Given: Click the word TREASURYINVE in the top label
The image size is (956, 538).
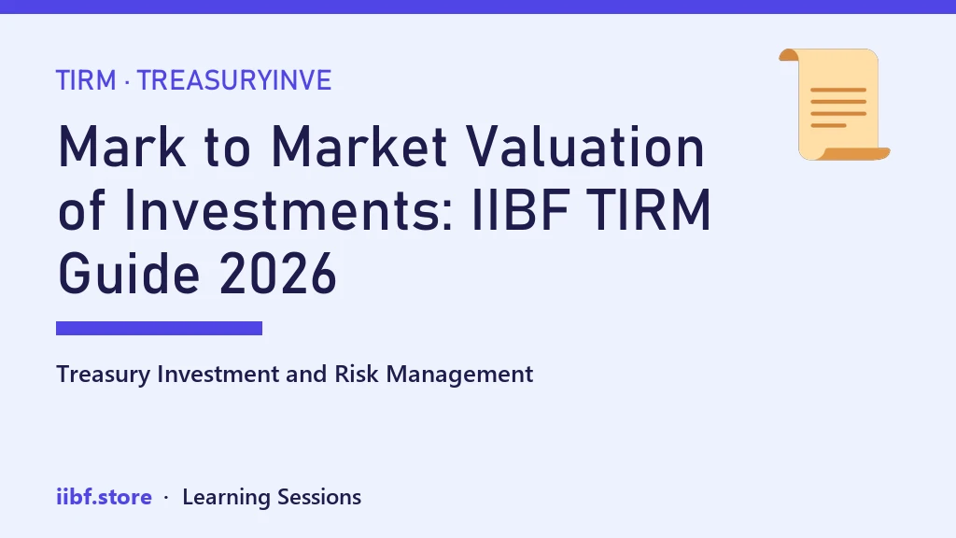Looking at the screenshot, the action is [234, 80].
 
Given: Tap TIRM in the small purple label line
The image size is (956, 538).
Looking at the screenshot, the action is [86, 80].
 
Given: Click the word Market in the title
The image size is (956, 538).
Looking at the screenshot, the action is [359, 147].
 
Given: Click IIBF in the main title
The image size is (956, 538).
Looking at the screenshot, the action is [521, 210].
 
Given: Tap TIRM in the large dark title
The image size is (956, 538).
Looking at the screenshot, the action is [650, 210].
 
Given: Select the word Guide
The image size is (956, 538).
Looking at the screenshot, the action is [129, 274].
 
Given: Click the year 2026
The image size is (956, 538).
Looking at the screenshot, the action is [278, 274].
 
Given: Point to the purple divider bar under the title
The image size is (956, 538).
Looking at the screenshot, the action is [159, 328].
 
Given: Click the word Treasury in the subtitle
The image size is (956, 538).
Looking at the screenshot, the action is [103, 375].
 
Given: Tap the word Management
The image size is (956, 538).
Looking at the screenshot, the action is [459, 375].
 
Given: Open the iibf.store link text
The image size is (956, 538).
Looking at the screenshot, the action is [105, 497].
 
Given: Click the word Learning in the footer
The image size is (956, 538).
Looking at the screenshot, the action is [226, 498].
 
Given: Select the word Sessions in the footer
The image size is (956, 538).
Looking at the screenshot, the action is [319, 497].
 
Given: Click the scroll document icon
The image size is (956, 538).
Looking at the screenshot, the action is [834, 105].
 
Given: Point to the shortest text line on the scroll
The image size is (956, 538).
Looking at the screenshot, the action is [829, 126].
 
